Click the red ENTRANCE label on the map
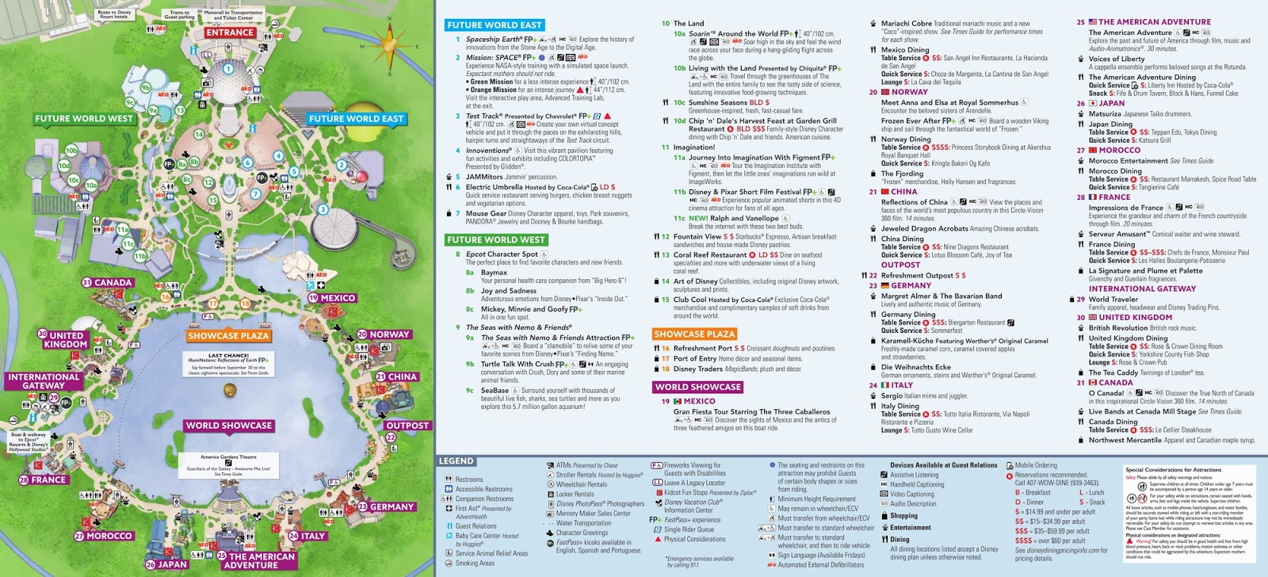point(230,32)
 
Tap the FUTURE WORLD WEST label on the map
point(84,119)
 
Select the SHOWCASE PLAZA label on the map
point(228,336)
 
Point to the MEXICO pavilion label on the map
point(338,299)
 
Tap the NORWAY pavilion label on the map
point(389,334)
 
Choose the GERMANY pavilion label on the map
point(391,507)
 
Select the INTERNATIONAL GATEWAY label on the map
point(44,381)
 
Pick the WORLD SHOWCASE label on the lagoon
point(229,426)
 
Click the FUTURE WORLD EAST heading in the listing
point(495,25)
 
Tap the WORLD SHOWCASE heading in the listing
point(697,387)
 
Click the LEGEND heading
point(456,461)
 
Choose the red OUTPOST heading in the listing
point(900,266)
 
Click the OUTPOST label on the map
point(407,426)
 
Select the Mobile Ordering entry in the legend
point(1036,465)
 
